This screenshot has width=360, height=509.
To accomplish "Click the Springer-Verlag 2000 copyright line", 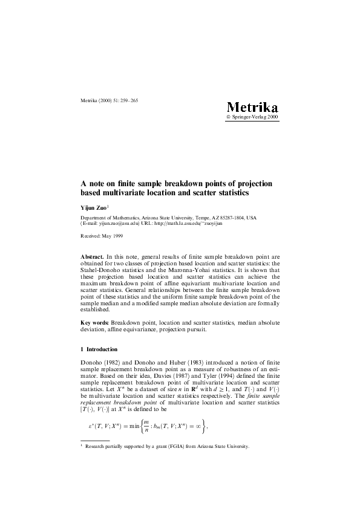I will coord(252,117).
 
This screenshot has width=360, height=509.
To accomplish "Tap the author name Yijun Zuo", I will coord(93,207).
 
